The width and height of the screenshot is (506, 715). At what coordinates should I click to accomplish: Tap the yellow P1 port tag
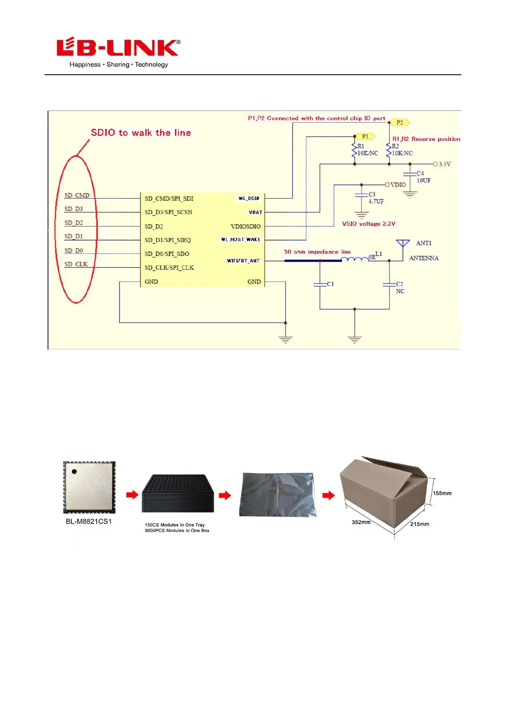(365, 136)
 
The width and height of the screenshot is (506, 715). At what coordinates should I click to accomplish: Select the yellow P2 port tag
(399, 123)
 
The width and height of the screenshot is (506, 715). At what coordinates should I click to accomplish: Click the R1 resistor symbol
(354, 150)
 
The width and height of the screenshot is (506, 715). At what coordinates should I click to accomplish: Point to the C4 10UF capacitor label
(423, 177)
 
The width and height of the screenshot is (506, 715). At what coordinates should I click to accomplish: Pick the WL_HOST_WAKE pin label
(240, 239)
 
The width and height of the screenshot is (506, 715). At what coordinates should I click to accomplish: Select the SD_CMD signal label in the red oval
(77, 196)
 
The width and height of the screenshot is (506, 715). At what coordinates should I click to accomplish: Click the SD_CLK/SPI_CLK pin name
(169, 268)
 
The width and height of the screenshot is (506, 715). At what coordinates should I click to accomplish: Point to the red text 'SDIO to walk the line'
(141, 133)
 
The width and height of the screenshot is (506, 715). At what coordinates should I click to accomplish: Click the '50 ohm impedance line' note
(317, 252)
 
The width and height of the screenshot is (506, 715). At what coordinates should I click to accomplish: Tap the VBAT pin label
(255, 212)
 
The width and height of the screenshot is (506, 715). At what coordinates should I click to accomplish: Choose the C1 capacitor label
(330, 284)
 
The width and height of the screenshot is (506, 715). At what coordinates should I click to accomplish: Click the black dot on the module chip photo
(74, 471)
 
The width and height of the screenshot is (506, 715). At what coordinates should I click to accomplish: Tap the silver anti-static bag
(277, 495)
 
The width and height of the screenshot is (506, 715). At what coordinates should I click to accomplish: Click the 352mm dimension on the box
(361, 522)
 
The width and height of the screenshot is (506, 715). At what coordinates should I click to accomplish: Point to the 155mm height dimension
(442, 493)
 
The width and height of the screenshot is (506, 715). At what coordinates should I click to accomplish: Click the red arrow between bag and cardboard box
(328, 495)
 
